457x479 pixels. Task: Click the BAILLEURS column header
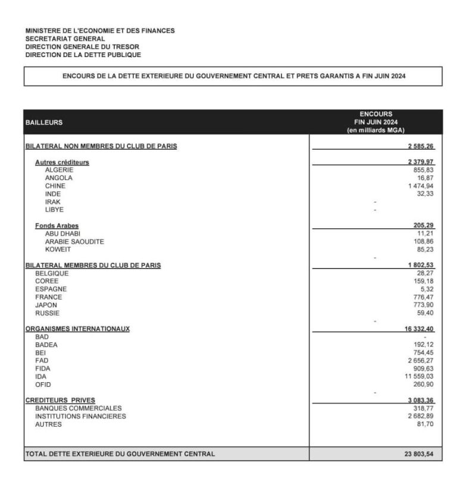(45, 122)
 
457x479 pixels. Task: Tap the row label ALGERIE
(59, 170)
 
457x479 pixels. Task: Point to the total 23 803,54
(420, 454)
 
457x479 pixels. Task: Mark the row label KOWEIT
(58, 250)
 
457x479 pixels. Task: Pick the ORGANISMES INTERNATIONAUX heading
(77, 329)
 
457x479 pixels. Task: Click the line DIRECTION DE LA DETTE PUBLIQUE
(83, 55)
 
